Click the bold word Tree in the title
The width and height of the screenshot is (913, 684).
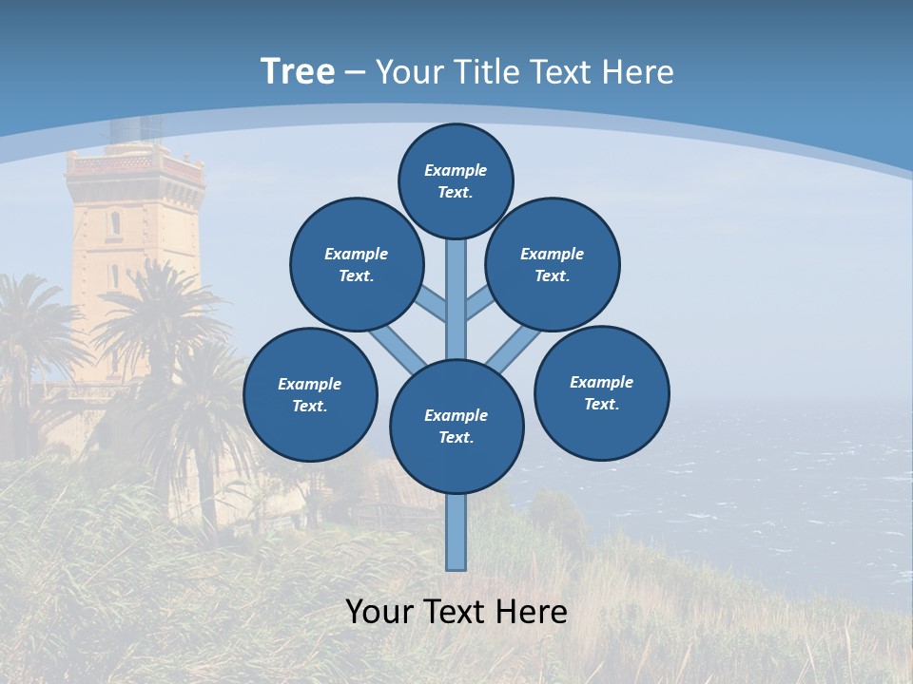click(x=298, y=71)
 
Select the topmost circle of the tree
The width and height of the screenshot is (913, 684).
click(x=456, y=180)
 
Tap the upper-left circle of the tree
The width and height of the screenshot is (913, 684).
click(x=357, y=264)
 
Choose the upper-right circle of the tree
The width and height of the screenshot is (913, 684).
click(x=553, y=264)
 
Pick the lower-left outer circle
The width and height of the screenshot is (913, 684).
click(x=310, y=394)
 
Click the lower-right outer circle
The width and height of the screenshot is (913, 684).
click(x=602, y=392)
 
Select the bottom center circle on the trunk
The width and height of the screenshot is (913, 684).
click(x=456, y=426)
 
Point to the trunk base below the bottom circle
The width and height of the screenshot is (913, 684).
click(x=456, y=532)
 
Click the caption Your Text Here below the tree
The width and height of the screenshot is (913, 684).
click(x=456, y=612)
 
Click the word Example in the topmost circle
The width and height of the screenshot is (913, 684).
click(x=456, y=170)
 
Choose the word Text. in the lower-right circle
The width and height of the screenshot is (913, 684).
click(x=602, y=404)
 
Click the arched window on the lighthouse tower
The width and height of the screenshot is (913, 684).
click(x=115, y=224)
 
